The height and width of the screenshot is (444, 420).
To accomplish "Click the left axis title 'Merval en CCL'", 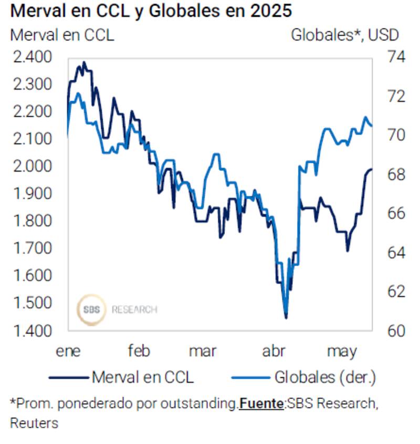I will click(x=62, y=35).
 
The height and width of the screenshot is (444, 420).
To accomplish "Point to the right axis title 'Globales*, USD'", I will click(x=345, y=35).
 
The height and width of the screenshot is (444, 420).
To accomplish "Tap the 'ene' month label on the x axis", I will click(x=68, y=352).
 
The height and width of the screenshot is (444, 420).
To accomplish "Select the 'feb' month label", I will click(x=139, y=352).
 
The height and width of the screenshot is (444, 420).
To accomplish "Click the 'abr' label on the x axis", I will click(x=274, y=352).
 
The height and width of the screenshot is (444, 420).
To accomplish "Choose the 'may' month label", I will click(x=341, y=352).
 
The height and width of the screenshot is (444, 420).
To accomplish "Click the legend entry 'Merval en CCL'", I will click(x=142, y=377).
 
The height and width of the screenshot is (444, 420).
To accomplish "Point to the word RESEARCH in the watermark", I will click(x=134, y=309).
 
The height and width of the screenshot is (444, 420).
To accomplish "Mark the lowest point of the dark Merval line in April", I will click(x=286, y=318).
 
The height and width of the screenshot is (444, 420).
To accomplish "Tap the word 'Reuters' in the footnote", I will click(x=34, y=423).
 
